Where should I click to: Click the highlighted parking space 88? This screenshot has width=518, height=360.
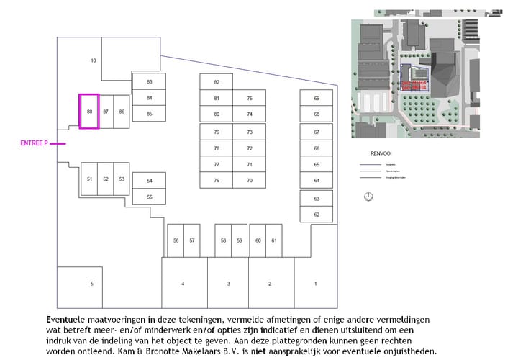click(x=89, y=112)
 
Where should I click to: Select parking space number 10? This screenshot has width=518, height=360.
click(x=94, y=60)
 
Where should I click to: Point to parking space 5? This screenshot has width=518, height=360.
click(x=91, y=284)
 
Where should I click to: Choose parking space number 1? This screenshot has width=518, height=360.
click(x=315, y=284)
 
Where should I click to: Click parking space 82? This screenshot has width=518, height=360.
click(x=217, y=82)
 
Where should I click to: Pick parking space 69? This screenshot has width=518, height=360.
click(x=317, y=98)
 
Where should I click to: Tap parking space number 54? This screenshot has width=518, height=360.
click(x=150, y=181)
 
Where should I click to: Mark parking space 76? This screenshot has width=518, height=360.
click(x=217, y=181)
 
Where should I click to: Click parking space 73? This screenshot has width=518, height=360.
click(x=250, y=132)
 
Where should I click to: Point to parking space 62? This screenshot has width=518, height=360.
click(x=317, y=215)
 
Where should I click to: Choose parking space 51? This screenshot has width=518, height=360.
click(x=89, y=179)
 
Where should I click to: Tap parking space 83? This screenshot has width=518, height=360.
click(x=150, y=81)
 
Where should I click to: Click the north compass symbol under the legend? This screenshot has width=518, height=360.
click(x=369, y=197)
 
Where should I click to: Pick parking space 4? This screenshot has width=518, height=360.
click(x=183, y=284)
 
